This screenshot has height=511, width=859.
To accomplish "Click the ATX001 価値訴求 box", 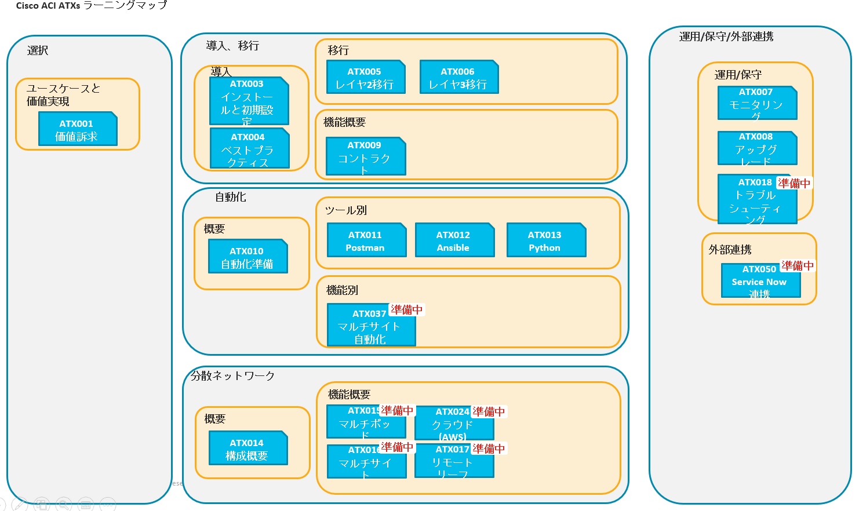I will pos(78,129).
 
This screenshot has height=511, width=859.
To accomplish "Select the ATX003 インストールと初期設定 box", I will pos(249,101).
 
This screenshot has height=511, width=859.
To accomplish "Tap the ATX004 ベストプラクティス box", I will pos(249,148).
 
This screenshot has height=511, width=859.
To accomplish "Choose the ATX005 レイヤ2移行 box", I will pos(365,77).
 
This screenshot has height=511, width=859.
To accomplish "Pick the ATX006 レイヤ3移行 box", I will pos(458,77).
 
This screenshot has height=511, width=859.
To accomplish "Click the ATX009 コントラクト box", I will pos(365,156).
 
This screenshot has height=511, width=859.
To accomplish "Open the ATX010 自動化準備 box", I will pos(247,257).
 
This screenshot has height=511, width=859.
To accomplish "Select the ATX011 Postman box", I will pos(366,240).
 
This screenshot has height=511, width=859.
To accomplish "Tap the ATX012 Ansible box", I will pos(454,240).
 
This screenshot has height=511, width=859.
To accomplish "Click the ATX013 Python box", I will pos(546,240).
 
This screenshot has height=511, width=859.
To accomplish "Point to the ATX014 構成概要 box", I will pos(247,448).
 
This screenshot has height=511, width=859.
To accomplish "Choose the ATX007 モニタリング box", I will pos(757,103).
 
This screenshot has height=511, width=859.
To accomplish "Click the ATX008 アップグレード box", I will pos(757,148).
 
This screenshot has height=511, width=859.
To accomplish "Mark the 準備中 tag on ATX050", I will pos(798,266).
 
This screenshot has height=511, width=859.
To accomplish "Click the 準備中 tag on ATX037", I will pos(407,310).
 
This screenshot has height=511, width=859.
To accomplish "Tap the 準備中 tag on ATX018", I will pos(794,183).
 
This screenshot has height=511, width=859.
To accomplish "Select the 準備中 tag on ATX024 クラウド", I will pos(489,412).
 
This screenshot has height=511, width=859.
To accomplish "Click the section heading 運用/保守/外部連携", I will pos(726,36).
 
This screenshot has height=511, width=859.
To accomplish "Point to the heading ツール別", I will pos(346,210).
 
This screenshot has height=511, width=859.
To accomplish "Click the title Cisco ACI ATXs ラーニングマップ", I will pos(92,5).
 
